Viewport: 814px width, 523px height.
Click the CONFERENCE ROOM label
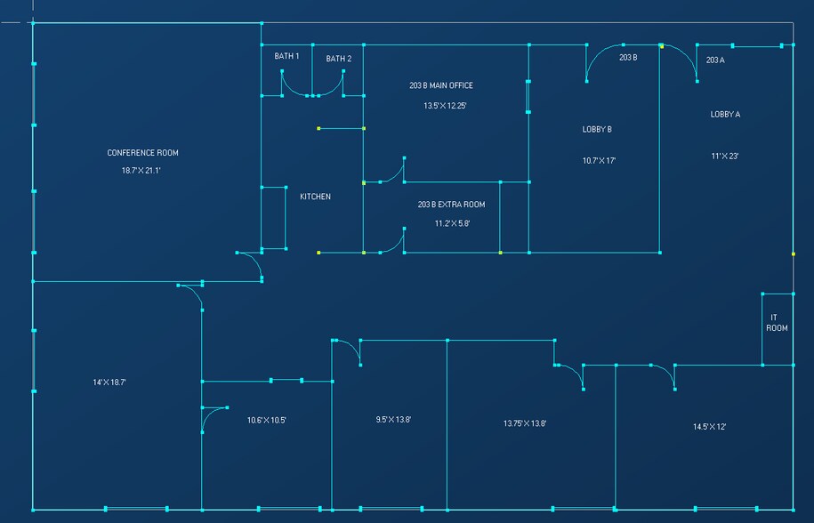point(142,153)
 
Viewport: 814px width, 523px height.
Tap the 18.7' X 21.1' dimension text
point(142,170)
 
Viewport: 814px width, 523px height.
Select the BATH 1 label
point(286,56)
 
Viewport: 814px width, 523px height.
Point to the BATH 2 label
point(338,59)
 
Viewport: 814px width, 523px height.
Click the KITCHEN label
point(315,197)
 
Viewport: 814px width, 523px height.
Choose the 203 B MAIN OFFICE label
point(441,85)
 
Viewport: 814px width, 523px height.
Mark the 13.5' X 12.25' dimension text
point(445,105)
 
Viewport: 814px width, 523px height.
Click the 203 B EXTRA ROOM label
point(451,205)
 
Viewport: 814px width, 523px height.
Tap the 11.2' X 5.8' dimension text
point(452,223)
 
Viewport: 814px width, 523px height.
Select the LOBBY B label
point(597,129)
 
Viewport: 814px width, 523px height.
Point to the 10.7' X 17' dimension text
point(599,161)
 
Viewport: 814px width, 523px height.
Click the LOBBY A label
point(725,114)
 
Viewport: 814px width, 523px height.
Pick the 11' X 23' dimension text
point(725,156)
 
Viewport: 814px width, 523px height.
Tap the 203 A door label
point(714,60)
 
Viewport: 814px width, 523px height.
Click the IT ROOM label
point(778,323)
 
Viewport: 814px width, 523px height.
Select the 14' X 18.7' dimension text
point(109,382)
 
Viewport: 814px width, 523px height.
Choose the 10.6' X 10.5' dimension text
point(266,421)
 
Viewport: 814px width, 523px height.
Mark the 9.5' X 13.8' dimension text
point(393,420)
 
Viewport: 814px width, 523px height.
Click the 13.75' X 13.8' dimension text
point(524,423)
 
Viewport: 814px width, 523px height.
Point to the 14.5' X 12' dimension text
point(709,427)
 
